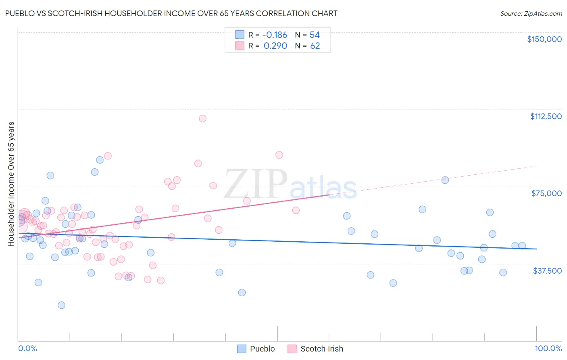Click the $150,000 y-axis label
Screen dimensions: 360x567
(x=544, y=39)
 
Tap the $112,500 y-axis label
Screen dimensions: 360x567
(x=546, y=116)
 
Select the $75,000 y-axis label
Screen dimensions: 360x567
(x=546, y=193)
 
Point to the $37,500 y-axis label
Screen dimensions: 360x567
(x=547, y=271)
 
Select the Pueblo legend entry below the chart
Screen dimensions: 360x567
(x=256, y=349)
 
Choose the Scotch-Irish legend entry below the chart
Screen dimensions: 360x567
(x=315, y=349)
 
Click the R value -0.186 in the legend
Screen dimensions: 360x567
(x=275, y=35)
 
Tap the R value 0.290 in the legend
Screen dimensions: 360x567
(x=275, y=46)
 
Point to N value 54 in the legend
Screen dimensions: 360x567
(x=315, y=35)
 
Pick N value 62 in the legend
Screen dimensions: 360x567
(x=315, y=46)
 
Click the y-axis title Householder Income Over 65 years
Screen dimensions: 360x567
(x=11, y=184)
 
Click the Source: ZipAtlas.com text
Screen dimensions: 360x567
(x=531, y=14)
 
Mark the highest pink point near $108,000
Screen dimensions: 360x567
(x=202, y=119)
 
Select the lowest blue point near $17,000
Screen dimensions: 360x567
(x=61, y=305)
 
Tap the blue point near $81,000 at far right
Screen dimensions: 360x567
(x=445, y=180)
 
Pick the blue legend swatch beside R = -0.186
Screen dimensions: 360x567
(x=240, y=35)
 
